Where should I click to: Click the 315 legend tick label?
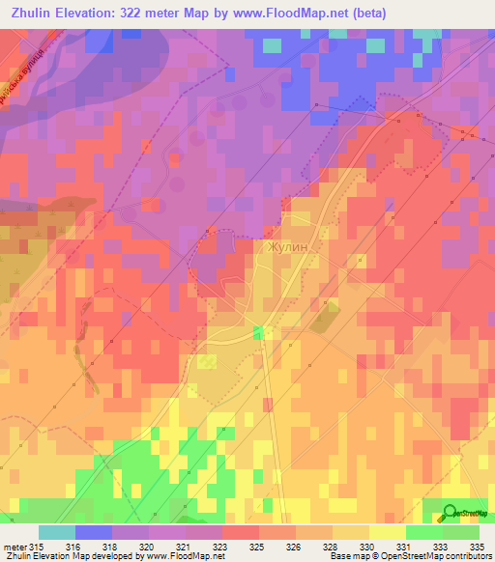click(38, 548)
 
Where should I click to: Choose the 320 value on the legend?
click(147, 548)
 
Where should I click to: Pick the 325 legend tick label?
click(257, 548)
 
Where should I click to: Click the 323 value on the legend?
click(220, 548)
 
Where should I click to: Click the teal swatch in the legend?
click(56, 532)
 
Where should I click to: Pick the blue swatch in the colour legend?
click(93, 532)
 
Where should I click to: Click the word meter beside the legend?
click(14, 548)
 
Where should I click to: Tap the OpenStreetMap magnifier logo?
click(450, 513)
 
